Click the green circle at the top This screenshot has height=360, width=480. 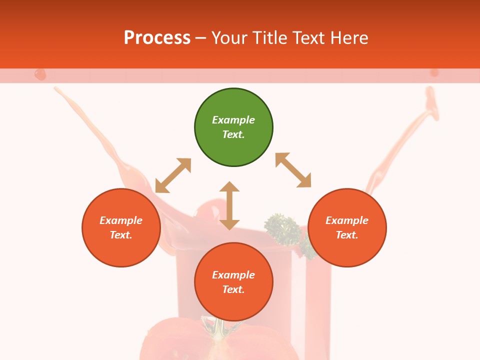233,127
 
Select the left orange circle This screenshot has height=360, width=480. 121,227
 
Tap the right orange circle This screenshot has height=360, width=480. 347,227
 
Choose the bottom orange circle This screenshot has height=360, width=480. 233,282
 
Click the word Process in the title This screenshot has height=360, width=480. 157,38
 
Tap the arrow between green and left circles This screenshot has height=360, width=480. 173,175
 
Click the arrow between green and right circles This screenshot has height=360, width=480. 293,170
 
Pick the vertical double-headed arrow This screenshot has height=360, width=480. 229,205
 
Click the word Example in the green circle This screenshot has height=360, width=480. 233,120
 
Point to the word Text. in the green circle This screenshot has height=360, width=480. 233,134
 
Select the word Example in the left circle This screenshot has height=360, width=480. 121,220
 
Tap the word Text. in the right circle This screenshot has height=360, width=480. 347,235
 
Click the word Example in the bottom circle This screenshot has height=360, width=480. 233,275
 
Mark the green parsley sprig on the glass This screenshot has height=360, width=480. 283,229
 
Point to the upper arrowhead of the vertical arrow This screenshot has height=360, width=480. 229,187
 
